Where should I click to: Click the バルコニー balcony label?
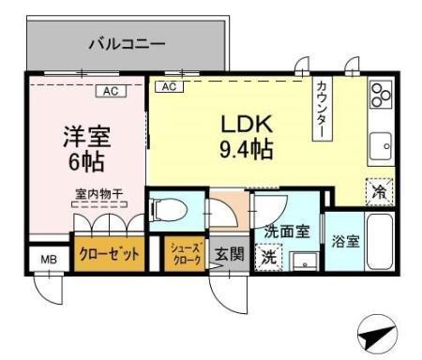[x=127, y=42]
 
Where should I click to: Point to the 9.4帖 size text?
[x=247, y=149]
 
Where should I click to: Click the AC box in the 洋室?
[x=110, y=91]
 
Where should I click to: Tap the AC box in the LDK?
[x=170, y=86]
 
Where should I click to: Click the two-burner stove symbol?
[x=379, y=95]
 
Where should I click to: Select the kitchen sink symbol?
[x=380, y=146]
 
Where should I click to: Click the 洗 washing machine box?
[x=268, y=254]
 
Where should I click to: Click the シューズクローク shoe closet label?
[x=185, y=254]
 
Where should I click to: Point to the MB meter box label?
[x=43, y=258]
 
